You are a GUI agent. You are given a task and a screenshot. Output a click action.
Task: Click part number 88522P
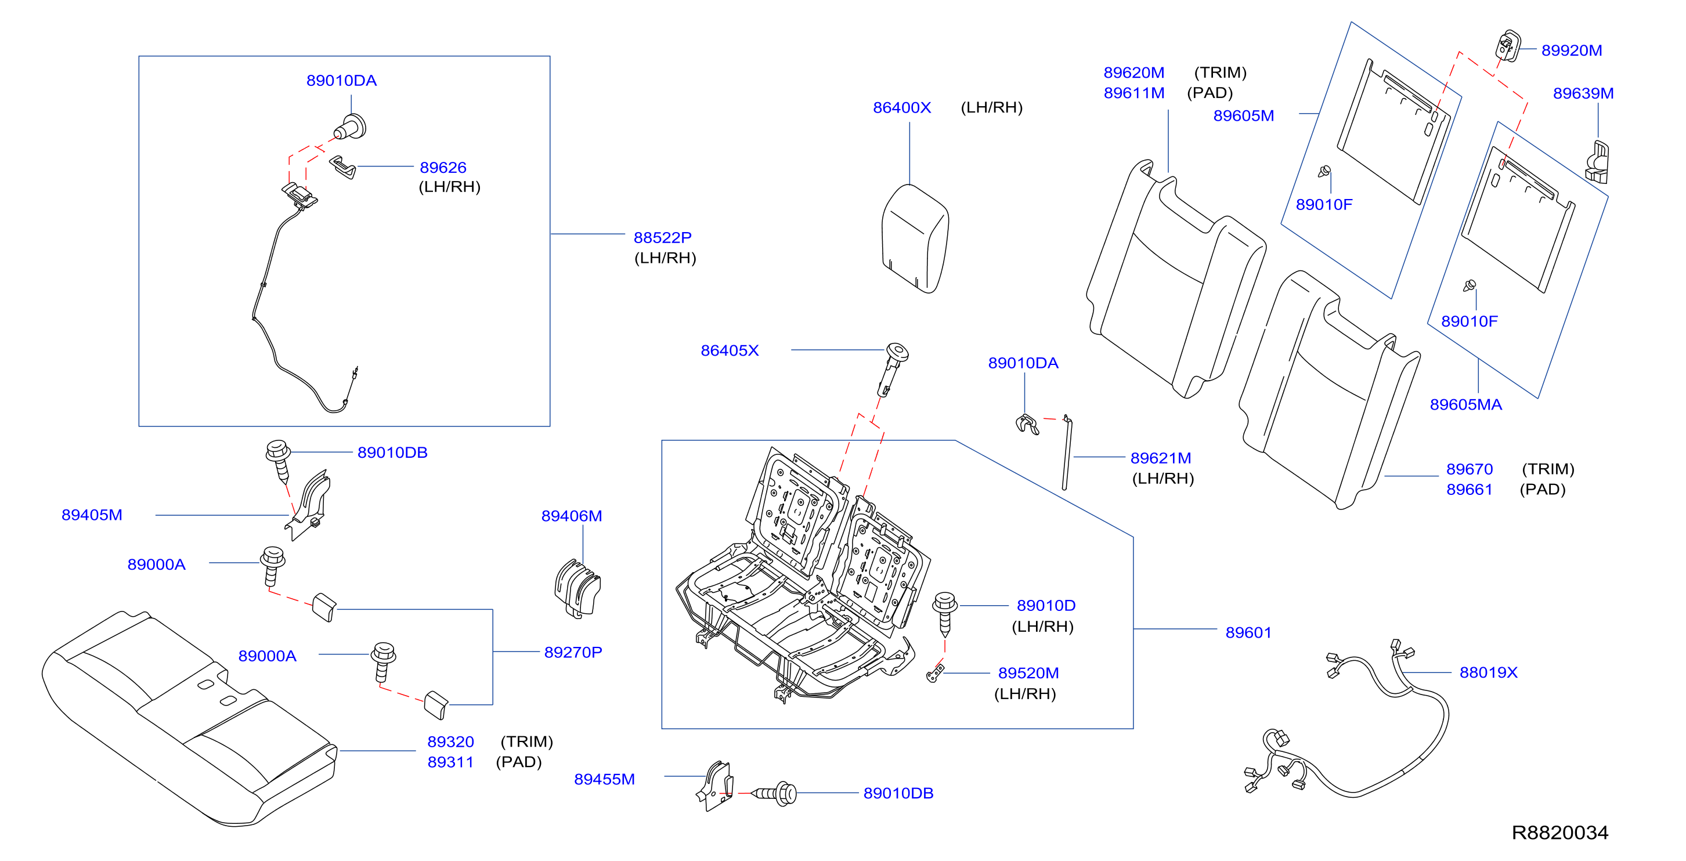point(662,237)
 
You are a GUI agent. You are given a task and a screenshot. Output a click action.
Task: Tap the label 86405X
point(730,350)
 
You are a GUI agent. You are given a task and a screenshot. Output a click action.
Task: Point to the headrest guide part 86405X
point(893,369)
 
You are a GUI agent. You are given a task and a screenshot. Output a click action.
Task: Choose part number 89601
point(1248,632)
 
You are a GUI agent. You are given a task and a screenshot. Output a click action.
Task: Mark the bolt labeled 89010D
point(944,614)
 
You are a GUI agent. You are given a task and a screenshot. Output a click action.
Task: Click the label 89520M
point(1028,672)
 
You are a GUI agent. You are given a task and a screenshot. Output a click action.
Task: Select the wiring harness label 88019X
point(1488,672)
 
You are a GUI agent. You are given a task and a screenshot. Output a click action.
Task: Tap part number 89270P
point(573,652)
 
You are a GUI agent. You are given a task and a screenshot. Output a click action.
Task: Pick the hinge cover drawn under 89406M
point(577,588)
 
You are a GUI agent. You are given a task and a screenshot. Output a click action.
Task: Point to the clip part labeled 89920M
point(1508,46)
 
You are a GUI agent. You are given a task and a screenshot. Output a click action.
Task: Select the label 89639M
point(1583,93)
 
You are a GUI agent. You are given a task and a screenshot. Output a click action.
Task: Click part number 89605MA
point(1465,404)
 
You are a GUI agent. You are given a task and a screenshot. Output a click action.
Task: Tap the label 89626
point(443,168)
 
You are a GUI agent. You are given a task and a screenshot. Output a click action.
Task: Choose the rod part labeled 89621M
point(1067,452)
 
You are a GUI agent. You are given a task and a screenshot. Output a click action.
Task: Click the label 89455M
point(604,779)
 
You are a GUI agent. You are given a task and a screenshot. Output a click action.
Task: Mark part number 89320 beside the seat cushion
point(450,742)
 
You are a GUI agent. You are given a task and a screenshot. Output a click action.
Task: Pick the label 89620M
point(1133,73)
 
